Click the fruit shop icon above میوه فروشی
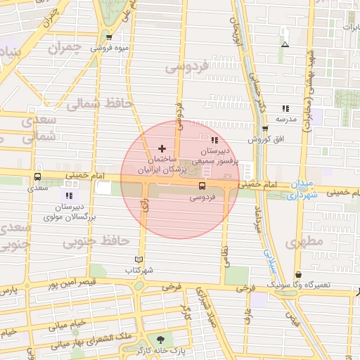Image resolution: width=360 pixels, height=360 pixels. click(x=109, y=37)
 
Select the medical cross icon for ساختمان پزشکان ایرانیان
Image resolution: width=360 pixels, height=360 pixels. click(x=162, y=148)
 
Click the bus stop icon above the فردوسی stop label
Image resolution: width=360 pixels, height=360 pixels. click(x=202, y=186)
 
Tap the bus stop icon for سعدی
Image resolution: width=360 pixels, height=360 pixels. click(x=37, y=177)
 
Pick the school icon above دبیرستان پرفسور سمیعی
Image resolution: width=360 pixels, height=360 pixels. click(x=214, y=140)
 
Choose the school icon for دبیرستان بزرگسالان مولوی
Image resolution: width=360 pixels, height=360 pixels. click(x=68, y=195)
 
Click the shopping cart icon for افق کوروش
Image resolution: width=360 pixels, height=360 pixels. click(x=265, y=129)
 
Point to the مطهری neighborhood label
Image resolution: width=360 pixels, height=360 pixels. click(x=303, y=242)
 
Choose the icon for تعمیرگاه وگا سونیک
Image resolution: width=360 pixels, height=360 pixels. click(x=298, y=274)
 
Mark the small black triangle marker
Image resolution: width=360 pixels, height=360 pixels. click(x=285, y=44)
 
